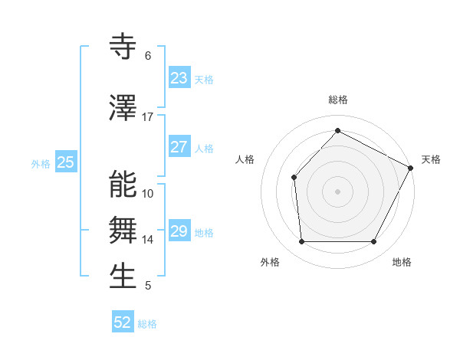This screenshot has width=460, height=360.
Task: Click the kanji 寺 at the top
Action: tap(123, 47)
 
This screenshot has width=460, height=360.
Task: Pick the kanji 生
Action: tap(123, 277)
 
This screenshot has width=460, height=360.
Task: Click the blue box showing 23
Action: tap(179, 78)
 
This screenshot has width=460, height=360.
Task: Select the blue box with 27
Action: tap(179, 147)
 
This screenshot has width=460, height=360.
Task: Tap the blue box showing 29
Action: tap(179, 231)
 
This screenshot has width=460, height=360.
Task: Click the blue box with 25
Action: tap(66, 162)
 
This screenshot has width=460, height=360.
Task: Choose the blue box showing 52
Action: tap(123, 322)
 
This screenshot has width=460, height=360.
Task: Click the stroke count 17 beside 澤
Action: tap(148, 117)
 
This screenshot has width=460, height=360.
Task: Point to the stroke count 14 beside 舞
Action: tap(148, 240)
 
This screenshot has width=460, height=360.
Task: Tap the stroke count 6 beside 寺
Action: tap(148, 56)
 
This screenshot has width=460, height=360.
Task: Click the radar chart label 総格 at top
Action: tap(337, 100)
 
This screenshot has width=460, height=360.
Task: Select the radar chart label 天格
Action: tap(431, 159)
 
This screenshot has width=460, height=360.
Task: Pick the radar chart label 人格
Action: tap(245, 159)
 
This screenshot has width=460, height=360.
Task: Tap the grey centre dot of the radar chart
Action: tap(337, 191)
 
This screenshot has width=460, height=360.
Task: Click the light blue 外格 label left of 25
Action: tap(41, 163)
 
